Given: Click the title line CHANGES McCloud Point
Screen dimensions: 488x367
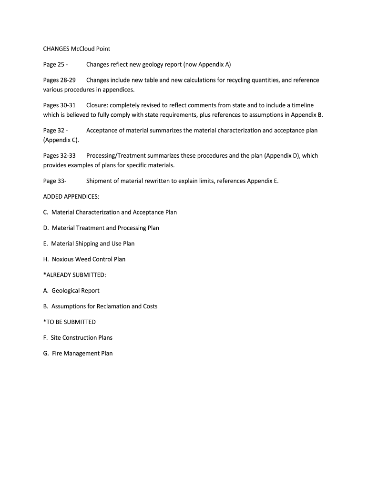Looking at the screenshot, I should click(x=77, y=49).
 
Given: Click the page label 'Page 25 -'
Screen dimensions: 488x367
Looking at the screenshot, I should click(x=55, y=64).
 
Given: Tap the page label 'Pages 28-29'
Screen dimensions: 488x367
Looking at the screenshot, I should click(x=60, y=80).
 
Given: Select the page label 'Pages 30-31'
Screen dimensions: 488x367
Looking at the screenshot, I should click(x=60, y=105).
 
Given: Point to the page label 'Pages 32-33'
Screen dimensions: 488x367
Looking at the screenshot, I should click(x=60, y=155).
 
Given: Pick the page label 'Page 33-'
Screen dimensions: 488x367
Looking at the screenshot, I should click(x=55, y=181).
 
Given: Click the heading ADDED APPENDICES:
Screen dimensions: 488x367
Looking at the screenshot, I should click(x=71, y=196).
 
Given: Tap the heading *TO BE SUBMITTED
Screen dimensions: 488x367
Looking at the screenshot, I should click(x=70, y=322).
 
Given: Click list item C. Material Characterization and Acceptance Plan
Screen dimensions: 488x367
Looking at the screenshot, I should click(x=110, y=212).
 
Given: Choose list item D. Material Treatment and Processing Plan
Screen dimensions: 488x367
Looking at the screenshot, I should click(x=101, y=228).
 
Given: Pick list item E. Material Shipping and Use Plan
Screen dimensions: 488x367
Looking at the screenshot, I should click(x=89, y=244).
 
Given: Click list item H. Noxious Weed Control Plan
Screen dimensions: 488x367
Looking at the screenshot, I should click(x=84, y=259).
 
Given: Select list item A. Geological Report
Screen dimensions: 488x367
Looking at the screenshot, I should click(x=71, y=290).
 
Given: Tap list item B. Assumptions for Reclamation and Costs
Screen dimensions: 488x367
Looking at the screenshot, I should click(x=100, y=306).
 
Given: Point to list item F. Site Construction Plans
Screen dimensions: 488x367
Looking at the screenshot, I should click(x=78, y=337).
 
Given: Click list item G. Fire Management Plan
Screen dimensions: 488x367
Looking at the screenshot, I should click(x=78, y=353).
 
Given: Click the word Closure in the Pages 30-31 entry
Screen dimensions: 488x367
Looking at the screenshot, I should click(x=97, y=105).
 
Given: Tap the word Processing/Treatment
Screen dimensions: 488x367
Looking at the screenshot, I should click(x=119, y=155).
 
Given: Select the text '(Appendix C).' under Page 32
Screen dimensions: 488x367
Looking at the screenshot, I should click(x=61, y=140).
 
